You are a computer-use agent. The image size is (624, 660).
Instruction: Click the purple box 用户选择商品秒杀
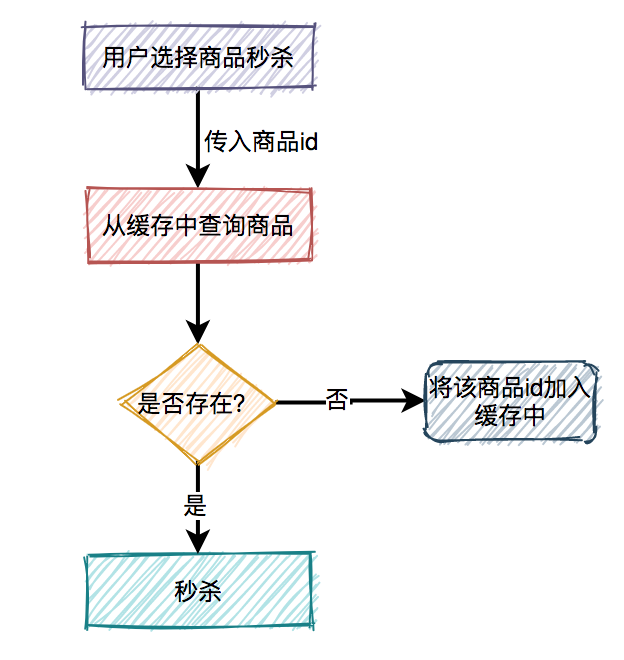click(198, 57)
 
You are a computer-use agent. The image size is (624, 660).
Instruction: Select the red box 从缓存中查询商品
click(198, 225)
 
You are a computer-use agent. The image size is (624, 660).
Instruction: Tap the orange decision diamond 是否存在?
click(198, 403)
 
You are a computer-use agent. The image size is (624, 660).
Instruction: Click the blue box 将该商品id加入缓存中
click(510, 402)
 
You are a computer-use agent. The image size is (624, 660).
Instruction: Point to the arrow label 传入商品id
click(261, 141)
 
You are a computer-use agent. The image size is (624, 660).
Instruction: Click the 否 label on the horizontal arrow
click(337, 401)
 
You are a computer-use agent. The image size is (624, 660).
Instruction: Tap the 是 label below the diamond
click(195, 505)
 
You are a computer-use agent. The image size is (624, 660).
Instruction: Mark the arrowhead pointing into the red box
click(198, 176)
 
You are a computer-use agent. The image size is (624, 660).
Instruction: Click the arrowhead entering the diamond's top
click(198, 334)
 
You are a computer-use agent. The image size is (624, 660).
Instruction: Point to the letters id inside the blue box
click(535, 388)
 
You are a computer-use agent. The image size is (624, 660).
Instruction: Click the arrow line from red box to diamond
click(198, 295)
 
